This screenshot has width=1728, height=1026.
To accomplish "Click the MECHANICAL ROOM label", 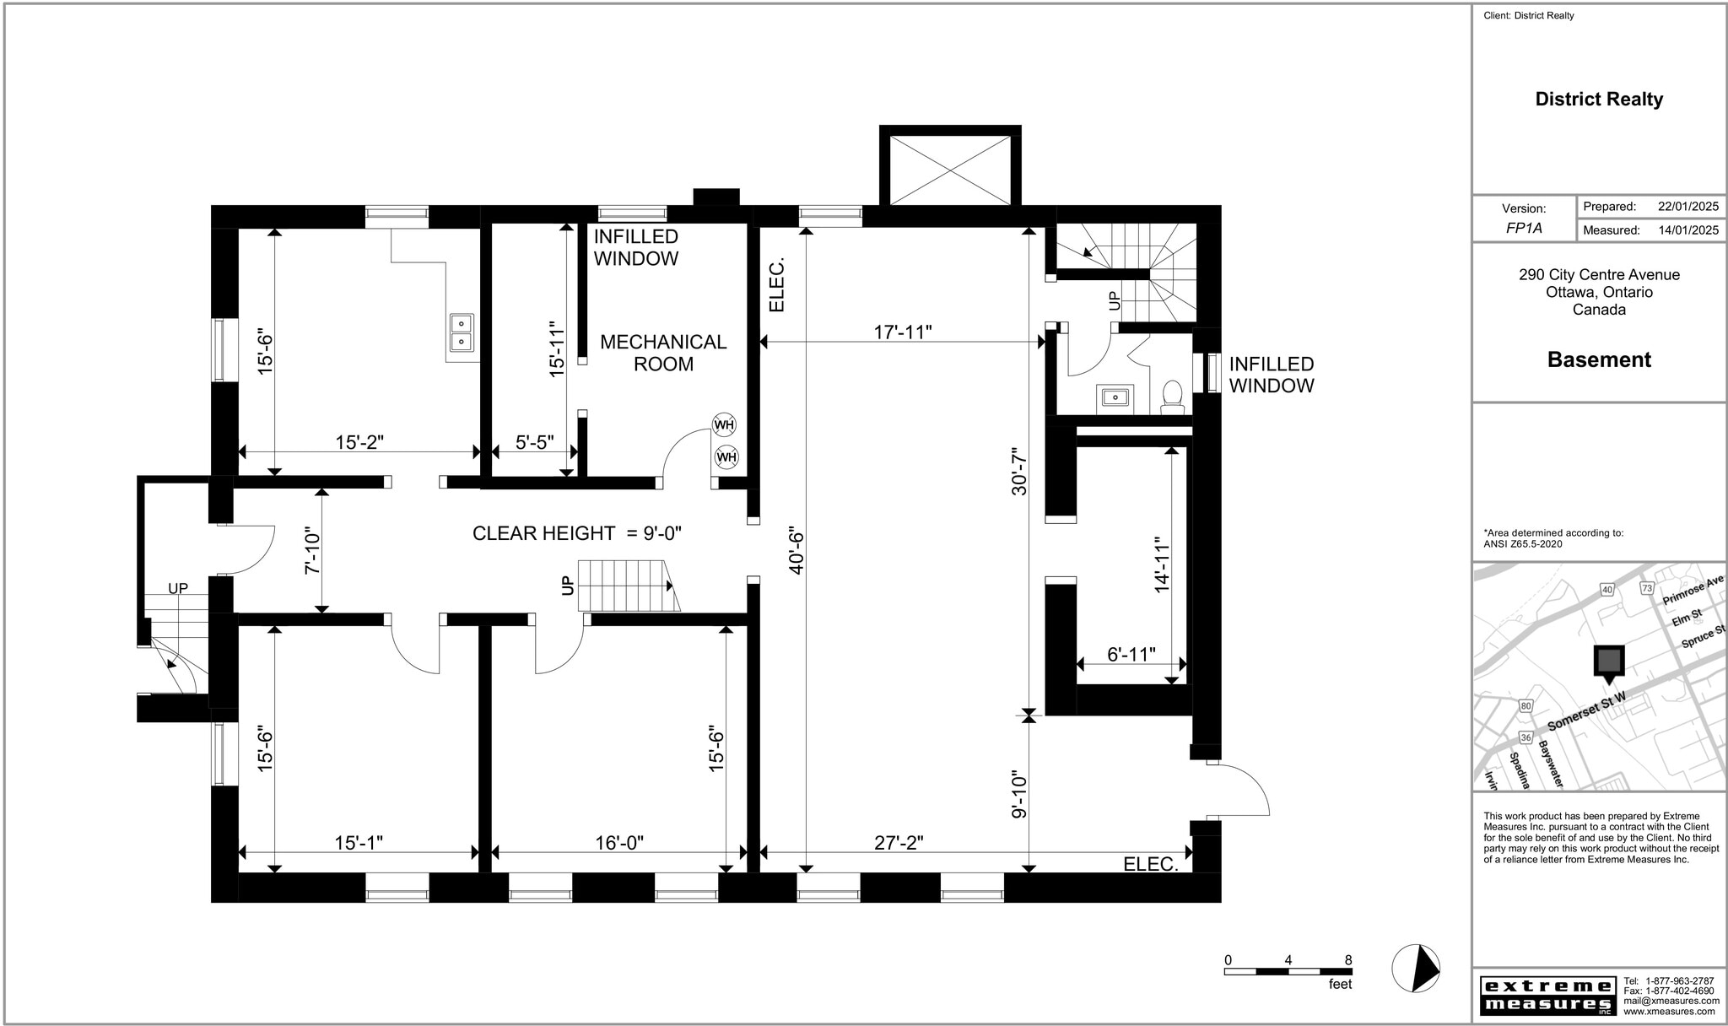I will (663, 353).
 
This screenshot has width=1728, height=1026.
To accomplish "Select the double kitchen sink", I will (462, 332).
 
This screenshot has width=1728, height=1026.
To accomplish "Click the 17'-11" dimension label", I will (902, 332).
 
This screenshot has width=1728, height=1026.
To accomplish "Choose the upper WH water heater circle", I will (724, 424).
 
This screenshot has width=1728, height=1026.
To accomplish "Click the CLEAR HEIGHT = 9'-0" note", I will (576, 533).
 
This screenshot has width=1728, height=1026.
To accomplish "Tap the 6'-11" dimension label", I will (1131, 654).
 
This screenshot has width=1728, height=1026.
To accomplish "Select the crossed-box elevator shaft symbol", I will (950, 170).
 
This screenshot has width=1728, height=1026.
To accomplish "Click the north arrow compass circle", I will (1415, 969).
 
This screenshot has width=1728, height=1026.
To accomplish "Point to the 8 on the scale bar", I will (1347, 959).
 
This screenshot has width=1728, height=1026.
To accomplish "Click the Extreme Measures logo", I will (1547, 996).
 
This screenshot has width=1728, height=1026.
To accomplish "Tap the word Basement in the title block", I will (1598, 359).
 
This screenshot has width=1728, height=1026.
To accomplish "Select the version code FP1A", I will (1524, 228).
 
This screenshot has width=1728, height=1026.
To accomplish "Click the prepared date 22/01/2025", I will (1687, 207).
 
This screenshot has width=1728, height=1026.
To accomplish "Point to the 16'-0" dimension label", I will (618, 843).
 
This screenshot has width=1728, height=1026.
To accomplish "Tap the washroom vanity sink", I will (1115, 397).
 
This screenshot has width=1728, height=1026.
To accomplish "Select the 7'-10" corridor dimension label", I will (312, 553).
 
